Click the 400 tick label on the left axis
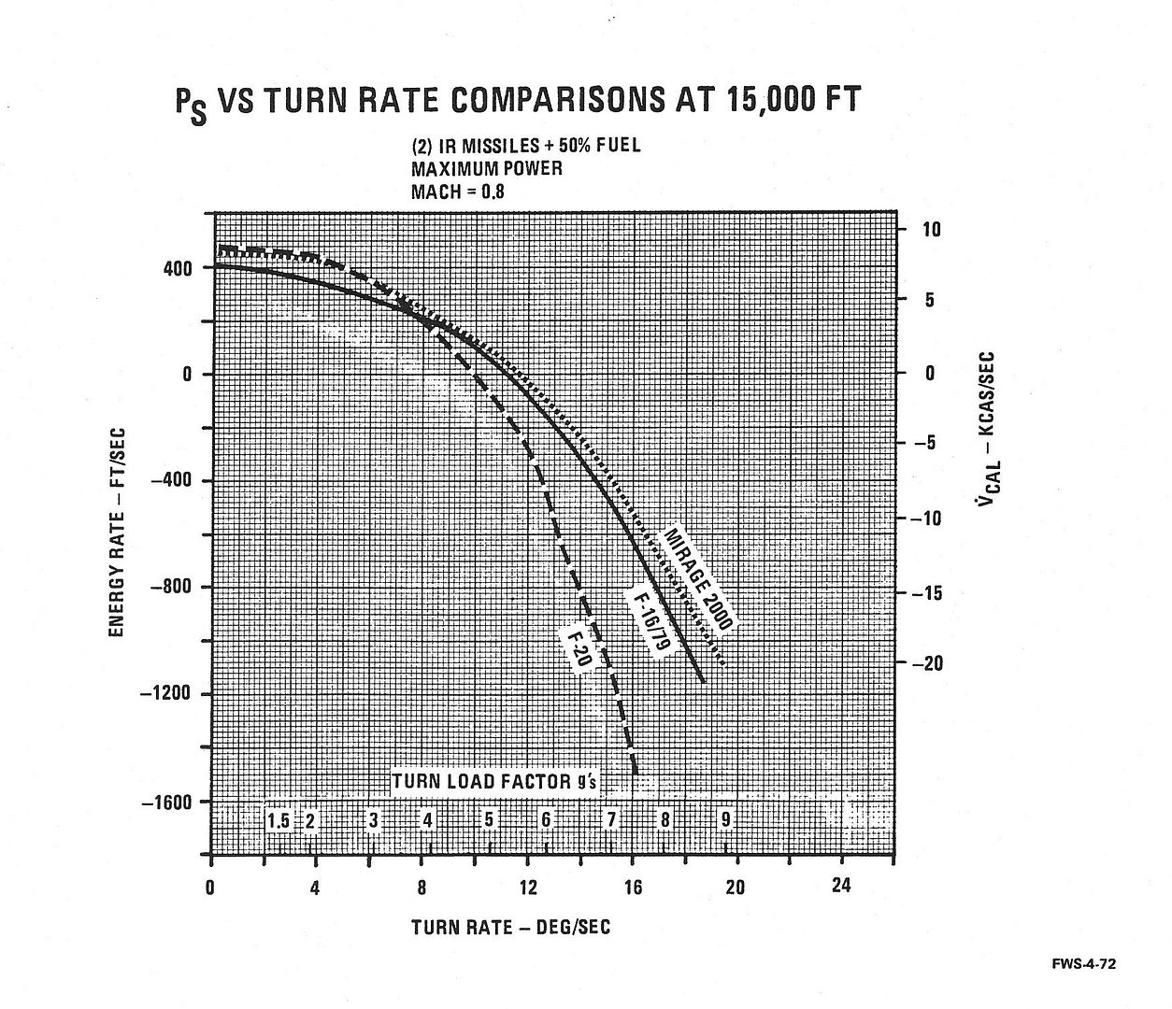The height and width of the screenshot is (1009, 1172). tap(179, 269)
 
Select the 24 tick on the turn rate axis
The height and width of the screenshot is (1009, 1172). tap(841, 886)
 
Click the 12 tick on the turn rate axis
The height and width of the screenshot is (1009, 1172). tap(528, 886)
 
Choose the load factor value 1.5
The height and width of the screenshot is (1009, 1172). tap(279, 821)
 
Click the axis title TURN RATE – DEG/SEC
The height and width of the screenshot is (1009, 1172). tap(510, 927)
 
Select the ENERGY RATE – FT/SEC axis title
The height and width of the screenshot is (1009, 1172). tap(118, 533)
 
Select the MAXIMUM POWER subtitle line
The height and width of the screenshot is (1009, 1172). tap(487, 169)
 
